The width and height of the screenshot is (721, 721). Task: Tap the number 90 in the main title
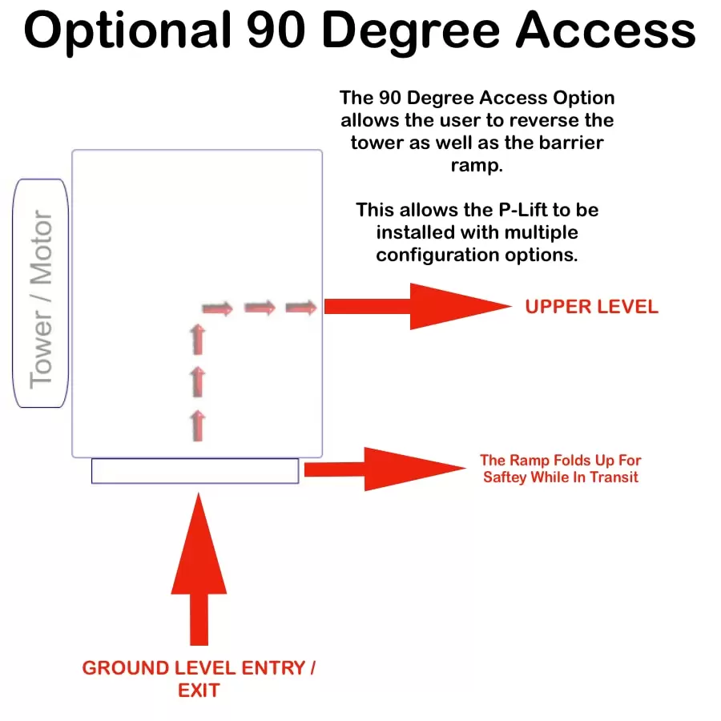[276, 30]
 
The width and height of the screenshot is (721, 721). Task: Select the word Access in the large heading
[606, 30]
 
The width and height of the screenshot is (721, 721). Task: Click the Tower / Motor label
[42, 300]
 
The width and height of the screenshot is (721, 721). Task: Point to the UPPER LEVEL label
[592, 307]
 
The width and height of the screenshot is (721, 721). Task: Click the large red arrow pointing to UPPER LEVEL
[417, 306]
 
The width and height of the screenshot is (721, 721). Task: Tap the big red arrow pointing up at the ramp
[199, 570]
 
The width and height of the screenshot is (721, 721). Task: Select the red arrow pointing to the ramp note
[385, 469]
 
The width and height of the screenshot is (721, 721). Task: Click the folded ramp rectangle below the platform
[195, 471]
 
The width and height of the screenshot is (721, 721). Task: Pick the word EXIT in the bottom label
[199, 691]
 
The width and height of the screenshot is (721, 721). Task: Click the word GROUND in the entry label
[126, 668]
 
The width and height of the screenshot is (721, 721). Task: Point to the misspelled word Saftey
[505, 477]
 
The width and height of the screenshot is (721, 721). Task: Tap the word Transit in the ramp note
[614, 477]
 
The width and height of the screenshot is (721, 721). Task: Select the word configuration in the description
[437, 256]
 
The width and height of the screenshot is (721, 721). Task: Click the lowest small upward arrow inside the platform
[198, 425]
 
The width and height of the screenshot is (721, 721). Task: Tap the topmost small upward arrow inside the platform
[198, 340]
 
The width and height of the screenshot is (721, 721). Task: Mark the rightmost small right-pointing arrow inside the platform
[301, 307]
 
